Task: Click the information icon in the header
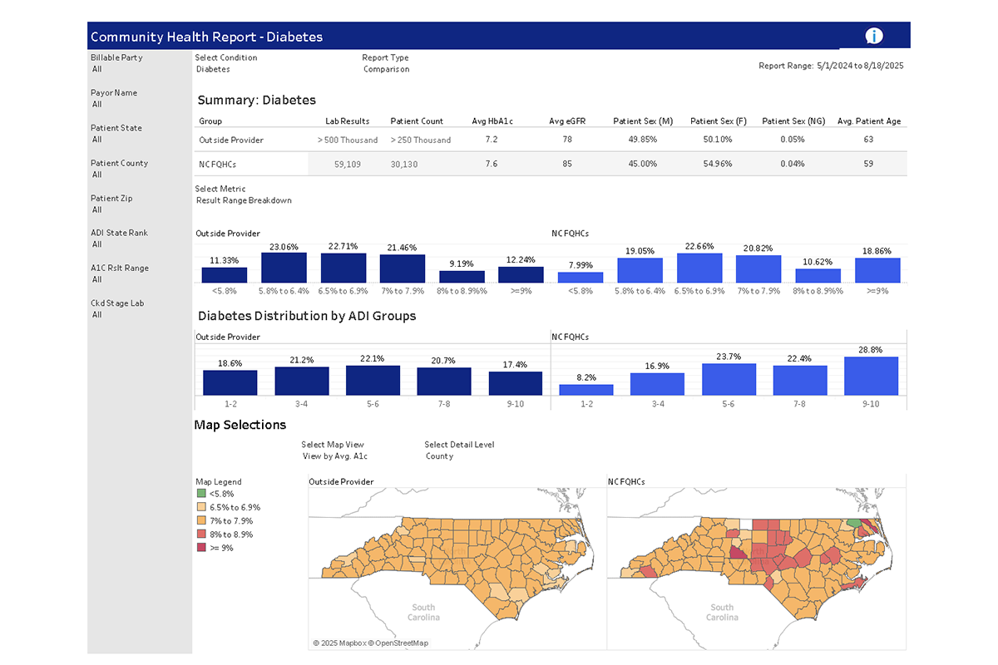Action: click(x=873, y=36)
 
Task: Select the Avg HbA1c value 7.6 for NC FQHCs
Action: click(x=491, y=164)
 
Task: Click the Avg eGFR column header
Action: click(x=567, y=121)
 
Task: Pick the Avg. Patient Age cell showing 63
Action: click(x=868, y=140)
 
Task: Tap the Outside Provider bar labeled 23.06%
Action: click(x=284, y=268)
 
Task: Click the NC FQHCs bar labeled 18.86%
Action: click(x=877, y=270)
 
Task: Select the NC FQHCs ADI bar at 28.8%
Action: click(x=871, y=376)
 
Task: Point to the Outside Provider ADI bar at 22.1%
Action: click(x=373, y=380)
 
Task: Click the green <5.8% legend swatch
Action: click(x=200, y=494)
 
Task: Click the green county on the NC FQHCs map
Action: click(x=854, y=525)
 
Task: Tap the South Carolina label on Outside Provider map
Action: click(x=423, y=612)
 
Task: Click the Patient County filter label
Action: click(x=120, y=163)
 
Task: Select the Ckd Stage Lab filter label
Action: click(x=117, y=303)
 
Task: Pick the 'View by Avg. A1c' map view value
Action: click(x=334, y=456)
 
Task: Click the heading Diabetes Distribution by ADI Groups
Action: click(x=307, y=316)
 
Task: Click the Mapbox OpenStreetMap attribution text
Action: click(x=371, y=643)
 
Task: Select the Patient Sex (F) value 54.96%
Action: click(x=717, y=164)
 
